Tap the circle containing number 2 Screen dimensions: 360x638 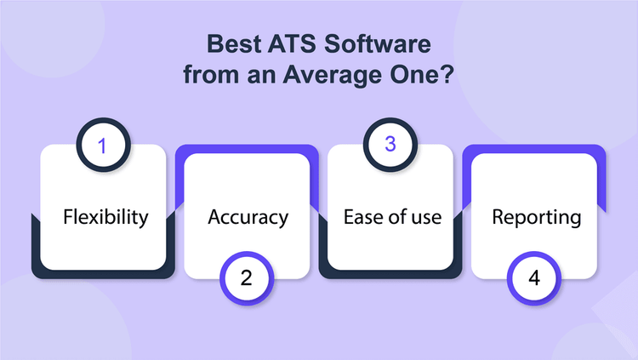click(x=248, y=278)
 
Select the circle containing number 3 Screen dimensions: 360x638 click(x=390, y=145)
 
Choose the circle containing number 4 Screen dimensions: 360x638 click(x=534, y=278)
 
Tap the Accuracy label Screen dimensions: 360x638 click(x=248, y=217)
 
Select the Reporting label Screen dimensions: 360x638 click(x=536, y=217)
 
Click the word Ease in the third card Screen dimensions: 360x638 click(x=362, y=217)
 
